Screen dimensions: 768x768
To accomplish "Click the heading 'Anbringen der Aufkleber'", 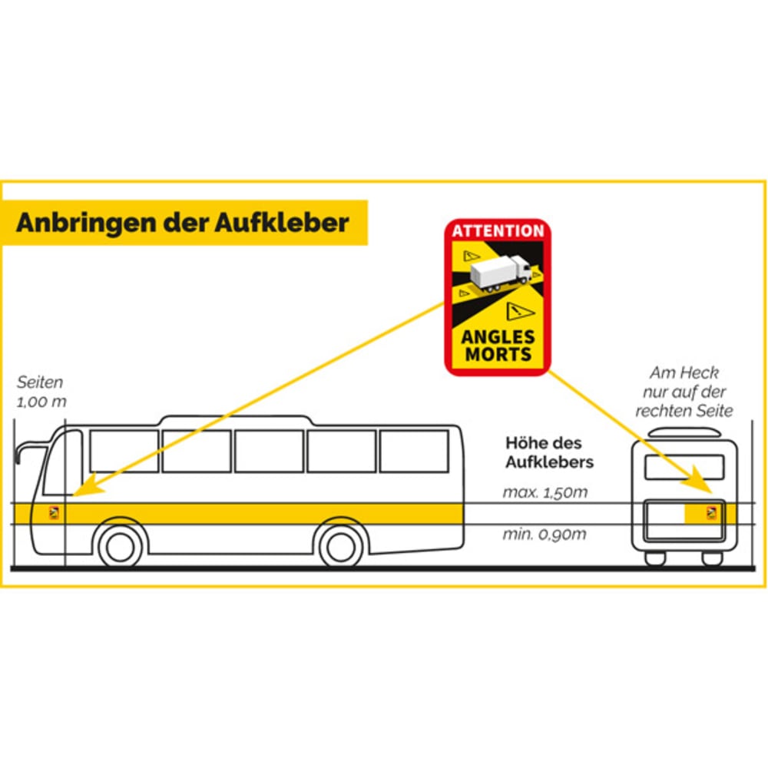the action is [x=183, y=223].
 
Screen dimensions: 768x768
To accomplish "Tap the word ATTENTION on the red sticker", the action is [x=498, y=230].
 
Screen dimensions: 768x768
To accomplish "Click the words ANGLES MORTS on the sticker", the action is [x=498, y=346].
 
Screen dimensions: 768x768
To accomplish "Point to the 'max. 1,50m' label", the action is [x=545, y=493].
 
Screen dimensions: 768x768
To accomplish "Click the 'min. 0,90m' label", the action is [x=545, y=535].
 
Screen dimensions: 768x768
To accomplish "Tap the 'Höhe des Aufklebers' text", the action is [x=549, y=452].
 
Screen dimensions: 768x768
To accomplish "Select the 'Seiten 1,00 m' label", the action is [x=40, y=392].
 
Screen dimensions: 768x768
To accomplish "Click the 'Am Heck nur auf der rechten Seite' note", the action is [x=684, y=392].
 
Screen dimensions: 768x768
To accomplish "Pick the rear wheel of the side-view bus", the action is [x=341, y=546].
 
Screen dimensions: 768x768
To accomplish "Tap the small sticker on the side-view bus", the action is [x=55, y=514].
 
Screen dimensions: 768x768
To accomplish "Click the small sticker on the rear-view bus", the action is [x=711, y=513].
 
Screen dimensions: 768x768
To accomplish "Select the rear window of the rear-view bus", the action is [x=684, y=467].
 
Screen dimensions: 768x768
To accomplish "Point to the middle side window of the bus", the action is [x=269, y=451].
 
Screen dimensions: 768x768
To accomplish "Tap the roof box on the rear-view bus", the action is [x=684, y=432].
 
